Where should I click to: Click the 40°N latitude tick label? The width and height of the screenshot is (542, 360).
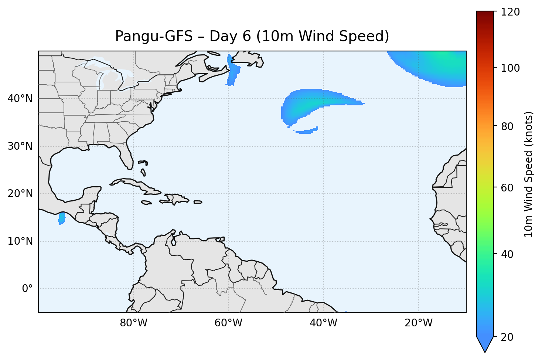pos(20,99)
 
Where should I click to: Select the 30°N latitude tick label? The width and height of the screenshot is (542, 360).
pos(20,146)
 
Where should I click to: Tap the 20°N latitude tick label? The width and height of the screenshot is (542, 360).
pos(20,194)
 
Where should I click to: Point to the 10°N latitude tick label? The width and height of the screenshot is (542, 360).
pos(20,241)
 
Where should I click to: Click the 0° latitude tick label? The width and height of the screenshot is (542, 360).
pos(27,289)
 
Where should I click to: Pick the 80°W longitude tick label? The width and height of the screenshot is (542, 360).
pos(133,323)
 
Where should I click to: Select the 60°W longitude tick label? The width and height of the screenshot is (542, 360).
pos(228,323)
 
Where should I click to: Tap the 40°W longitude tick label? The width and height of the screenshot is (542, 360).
pos(323,323)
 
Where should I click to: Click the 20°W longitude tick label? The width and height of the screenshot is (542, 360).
pos(418,323)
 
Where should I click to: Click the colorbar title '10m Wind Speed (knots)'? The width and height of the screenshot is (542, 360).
pos(529,174)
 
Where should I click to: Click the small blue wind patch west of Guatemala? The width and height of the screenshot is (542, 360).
pos(62,218)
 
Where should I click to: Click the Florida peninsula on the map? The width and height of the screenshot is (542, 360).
pos(126,155)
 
